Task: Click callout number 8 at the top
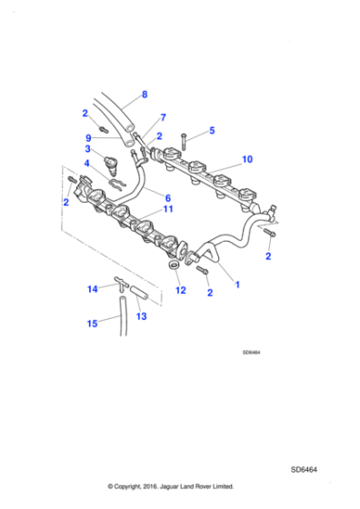pos(144,94)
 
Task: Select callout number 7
pos(163,117)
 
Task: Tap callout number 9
pos(88,139)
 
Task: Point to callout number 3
pos(88,150)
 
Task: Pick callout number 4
pos(88,164)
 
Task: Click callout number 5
pos(212,131)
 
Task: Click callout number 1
pos(238,284)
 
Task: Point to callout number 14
pos(92,289)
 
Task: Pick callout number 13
pos(140,315)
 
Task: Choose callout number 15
pos(92,323)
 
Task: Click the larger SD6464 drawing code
pos(305,469)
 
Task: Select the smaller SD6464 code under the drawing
pos(252,354)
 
